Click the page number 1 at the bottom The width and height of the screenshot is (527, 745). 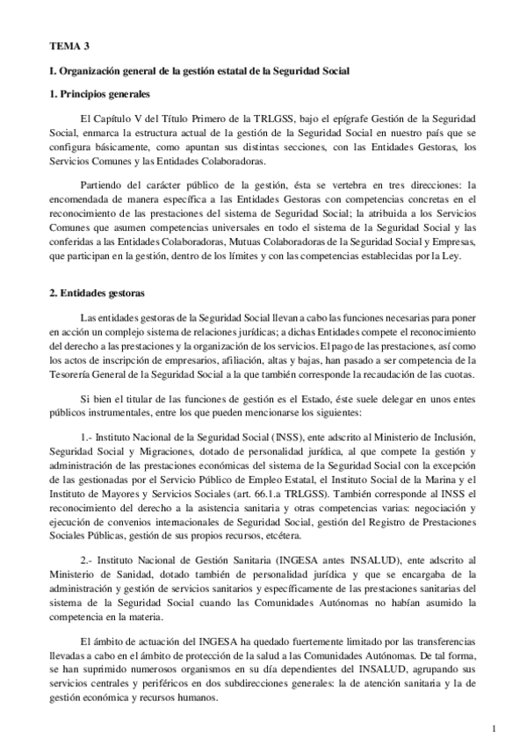click(495, 727)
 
